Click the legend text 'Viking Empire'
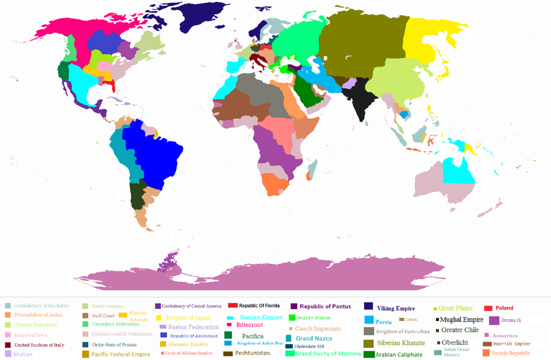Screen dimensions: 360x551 click(x=397, y=308)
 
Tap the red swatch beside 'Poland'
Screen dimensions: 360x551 click(x=489, y=308)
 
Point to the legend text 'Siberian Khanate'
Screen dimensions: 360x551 click(x=401, y=343)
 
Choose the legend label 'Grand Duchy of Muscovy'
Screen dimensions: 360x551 click(x=328, y=354)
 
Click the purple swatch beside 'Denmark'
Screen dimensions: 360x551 click(x=494, y=320)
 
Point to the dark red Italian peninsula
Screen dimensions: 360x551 click(x=262, y=62)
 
